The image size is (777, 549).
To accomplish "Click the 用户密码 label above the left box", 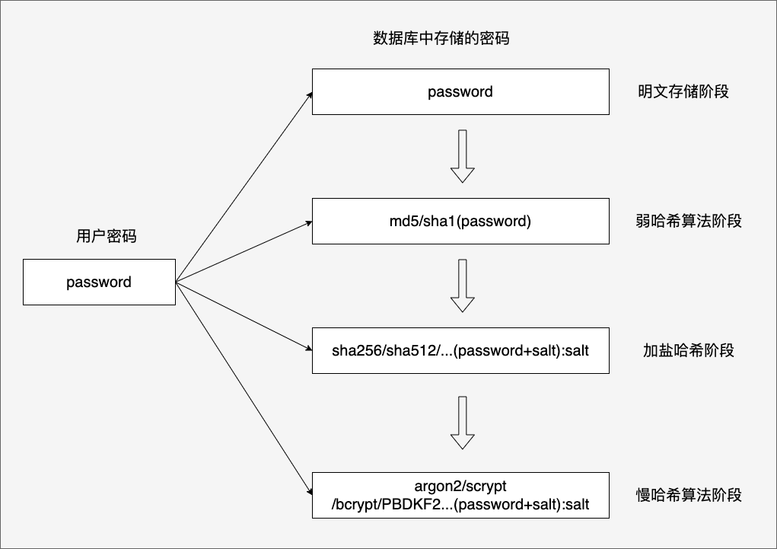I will pos(106,236).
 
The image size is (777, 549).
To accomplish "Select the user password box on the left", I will pos(99,282).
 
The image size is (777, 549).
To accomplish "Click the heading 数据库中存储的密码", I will pos(441,39).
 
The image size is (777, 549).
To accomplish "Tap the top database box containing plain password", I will pos(460,92).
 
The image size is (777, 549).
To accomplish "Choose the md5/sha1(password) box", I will pos(460,222).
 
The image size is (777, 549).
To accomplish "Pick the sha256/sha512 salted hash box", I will pos(460,351).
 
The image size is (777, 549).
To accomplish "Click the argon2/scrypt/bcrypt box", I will pos(460,495).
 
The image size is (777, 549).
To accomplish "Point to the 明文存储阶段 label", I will pos(683,92).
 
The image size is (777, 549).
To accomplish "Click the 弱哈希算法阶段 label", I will pos(688,222).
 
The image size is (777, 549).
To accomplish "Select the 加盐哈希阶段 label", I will pos(688,351).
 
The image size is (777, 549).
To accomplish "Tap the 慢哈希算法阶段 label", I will pos(688,495).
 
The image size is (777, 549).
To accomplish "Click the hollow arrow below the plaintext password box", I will pos(462,156).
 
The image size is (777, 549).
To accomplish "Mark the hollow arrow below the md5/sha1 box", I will pos(462,286).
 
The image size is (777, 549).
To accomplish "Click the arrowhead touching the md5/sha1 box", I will pos(307,223).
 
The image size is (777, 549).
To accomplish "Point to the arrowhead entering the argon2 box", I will pos(308,491).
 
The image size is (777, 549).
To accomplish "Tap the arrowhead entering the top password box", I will pos(309,94).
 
